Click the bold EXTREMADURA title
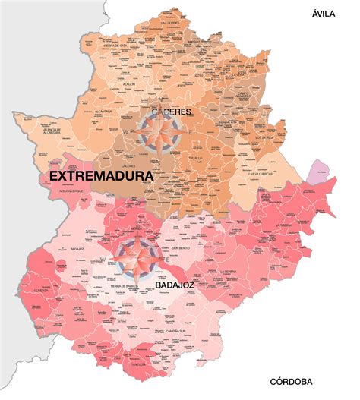click(100, 175)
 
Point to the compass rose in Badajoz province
click(139, 258)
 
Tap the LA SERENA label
click(230, 271)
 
